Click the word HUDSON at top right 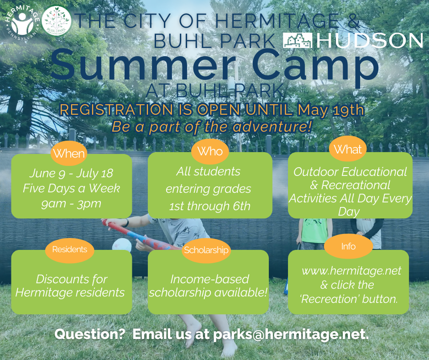[x=370, y=41]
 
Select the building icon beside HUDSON [x=298, y=41]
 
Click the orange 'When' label [x=69, y=154]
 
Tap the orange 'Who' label [x=209, y=151]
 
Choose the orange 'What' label [x=348, y=149]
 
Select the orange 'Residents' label [x=69, y=249]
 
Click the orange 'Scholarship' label [x=206, y=250]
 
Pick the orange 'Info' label [x=348, y=247]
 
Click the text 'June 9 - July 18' [x=71, y=174]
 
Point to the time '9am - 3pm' [x=71, y=203]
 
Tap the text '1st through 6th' [x=210, y=206]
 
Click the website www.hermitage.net [x=351, y=270]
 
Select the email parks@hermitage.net [x=291, y=334]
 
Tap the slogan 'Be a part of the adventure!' [x=212, y=127]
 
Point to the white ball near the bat [x=122, y=245]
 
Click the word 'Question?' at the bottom [x=90, y=334]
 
